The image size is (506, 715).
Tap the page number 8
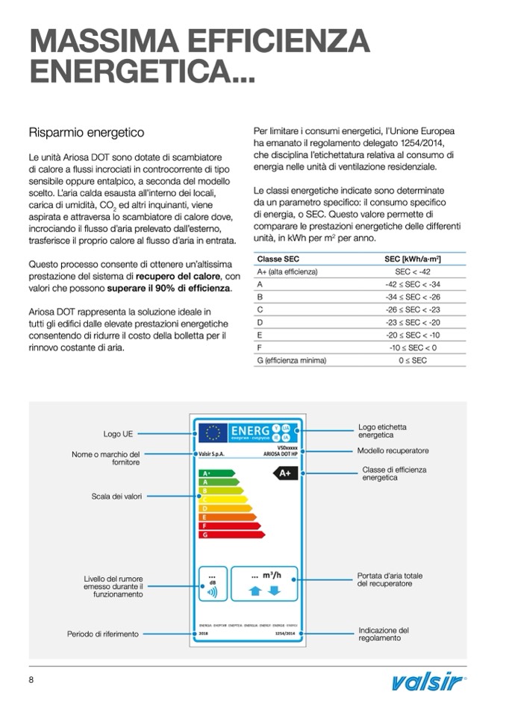coord(31,680)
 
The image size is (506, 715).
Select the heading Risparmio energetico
coord(86,133)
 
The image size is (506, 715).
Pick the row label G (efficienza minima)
coord(292,361)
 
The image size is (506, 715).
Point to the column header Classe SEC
coord(278,259)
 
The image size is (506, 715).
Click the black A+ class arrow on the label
coord(285,473)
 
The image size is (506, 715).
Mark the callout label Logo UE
coord(118,433)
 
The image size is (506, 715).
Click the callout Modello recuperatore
coord(393,450)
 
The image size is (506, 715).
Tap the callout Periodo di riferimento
coord(103,634)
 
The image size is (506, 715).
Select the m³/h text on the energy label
coord(272,575)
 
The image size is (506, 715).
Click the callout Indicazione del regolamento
coord(384,634)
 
